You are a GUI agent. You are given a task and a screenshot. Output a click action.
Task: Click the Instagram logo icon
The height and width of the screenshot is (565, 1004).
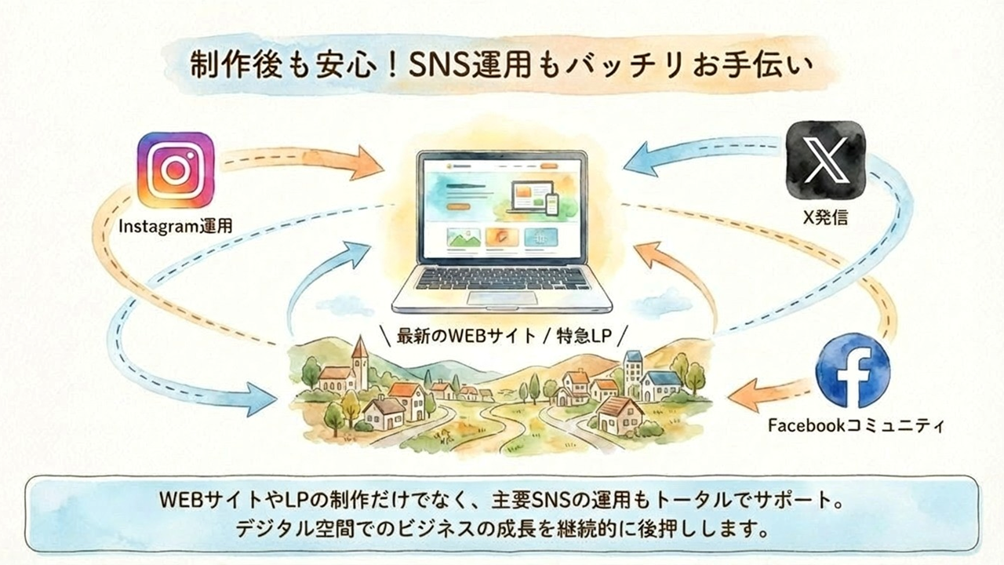pyautogui.click(x=176, y=170)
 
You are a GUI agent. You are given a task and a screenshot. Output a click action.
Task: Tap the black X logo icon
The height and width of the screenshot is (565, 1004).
pyautogui.click(x=826, y=160)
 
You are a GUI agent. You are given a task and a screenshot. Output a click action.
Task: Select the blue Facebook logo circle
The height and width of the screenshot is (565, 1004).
pyautogui.click(x=853, y=370)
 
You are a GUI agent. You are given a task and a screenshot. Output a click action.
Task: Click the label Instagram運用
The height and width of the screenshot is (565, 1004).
pyautogui.click(x=176, y=226)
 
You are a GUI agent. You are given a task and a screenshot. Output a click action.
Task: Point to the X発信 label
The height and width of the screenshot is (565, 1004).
pyautogui.click(x=825, y=217)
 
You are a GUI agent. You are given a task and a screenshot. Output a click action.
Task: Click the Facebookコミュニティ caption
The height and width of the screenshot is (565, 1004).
pyautogui.click(x=856, y=425)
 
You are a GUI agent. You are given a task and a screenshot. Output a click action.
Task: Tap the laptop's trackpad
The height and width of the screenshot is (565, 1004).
pyautogui.click(x=502, y=297)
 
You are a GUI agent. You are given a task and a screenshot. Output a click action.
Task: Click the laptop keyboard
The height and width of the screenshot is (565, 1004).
pyautogui.click(x=502, y=278)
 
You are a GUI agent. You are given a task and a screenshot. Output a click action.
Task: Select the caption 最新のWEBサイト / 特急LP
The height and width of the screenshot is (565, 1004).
pyautogui.click(x=504, y=336)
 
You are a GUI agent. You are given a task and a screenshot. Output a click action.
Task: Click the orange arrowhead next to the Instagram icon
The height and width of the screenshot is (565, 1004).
pyautogui.click(x=368, y=162)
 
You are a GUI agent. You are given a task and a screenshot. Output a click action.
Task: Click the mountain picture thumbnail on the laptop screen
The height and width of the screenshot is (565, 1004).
pyautogui.click(x=464, y=238)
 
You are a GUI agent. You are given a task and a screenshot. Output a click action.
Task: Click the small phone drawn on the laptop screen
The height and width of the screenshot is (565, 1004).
pyautogui.click(x=552, y=205)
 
